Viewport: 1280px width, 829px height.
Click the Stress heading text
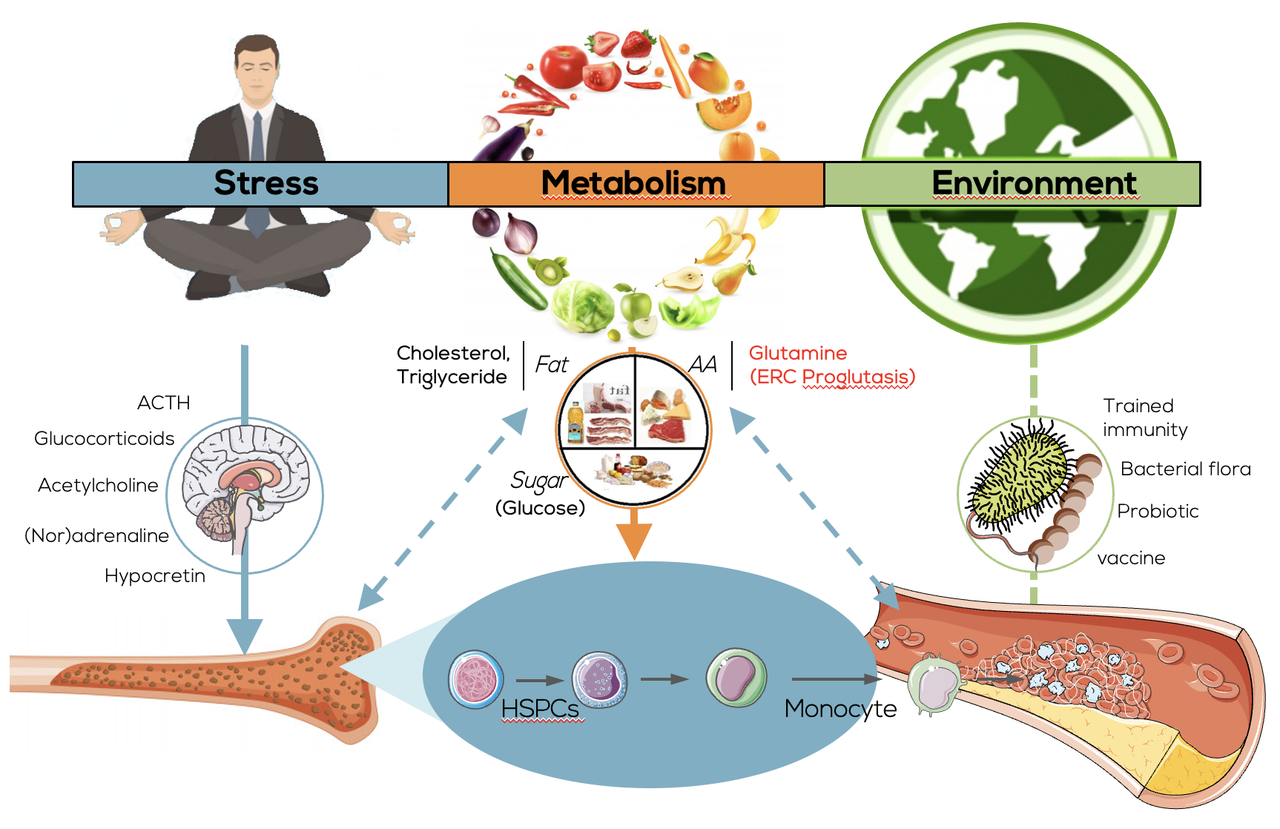(x=265, y=183)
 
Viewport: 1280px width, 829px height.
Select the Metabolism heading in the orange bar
(x=633, y=183)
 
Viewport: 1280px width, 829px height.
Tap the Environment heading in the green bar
(x=1034, y=183)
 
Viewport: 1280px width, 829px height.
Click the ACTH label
(x=164, y=403)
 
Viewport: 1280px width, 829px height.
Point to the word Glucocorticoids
(x=105, y=438)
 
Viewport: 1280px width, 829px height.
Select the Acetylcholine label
(x=98, y=485)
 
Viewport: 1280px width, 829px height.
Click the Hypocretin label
(x=155, y=575)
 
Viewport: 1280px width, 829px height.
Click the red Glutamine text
(x=798, y=353)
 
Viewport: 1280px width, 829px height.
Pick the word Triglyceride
(x=452, y=377)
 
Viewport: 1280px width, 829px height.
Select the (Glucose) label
(x=540, y=508)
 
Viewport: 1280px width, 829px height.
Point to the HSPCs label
(x=540, y=709)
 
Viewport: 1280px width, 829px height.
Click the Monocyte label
(x=840, y=709)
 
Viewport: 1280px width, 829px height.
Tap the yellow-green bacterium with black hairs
(x=1020, y=475)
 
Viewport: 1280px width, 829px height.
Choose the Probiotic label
(x=1158, y=511)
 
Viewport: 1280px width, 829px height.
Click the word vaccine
(x=1131, y=558)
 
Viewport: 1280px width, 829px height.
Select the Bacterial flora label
(x=1185, y=469)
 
